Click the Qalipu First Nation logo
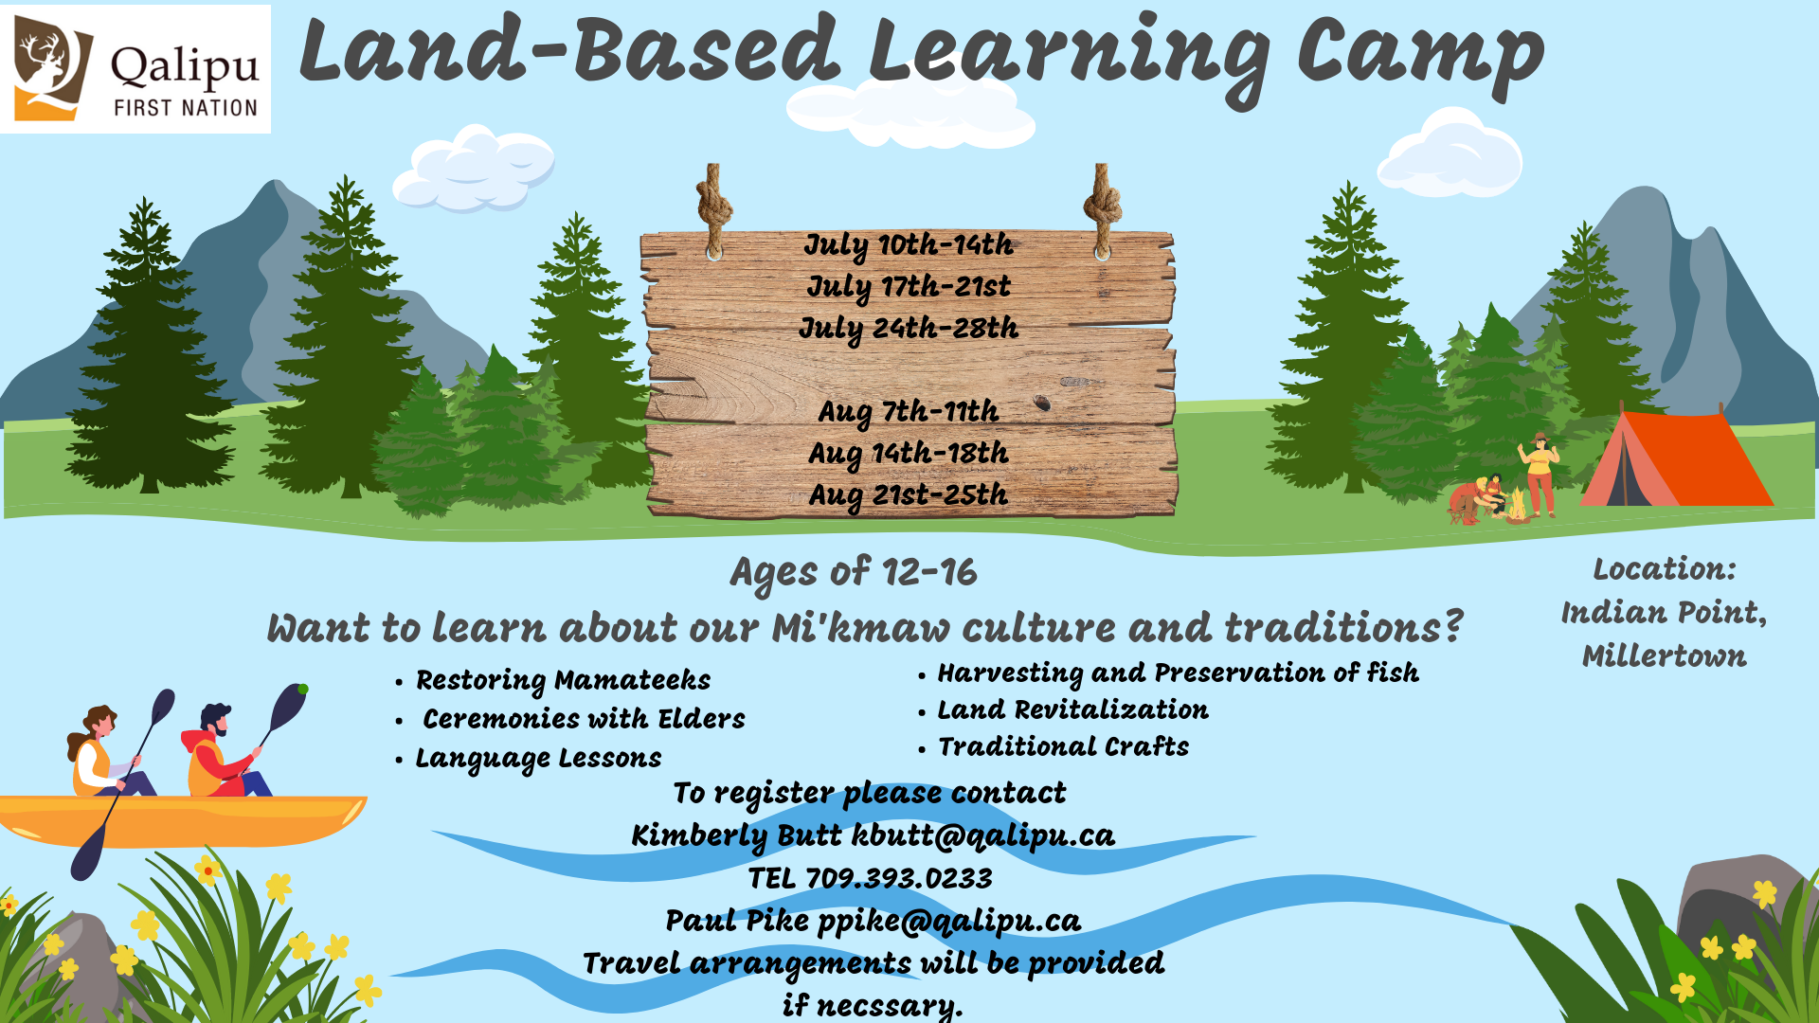tap(135, 69)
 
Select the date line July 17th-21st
tap(909, 287)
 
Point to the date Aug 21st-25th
tap(909, 495)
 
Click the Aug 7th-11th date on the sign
tap(909, 412)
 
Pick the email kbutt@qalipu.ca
tap(983, 835)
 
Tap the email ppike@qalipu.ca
tap(949, 921)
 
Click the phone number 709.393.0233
tap(898, 878)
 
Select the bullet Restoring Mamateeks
tap(563, 680)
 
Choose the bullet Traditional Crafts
tap(1063, 746)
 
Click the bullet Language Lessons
tap(538, 759)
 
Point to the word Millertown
tap(1665, 655)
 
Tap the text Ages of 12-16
tap(854, 572)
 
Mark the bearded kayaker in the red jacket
tap(225, 753)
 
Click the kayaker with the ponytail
tap(106, 753)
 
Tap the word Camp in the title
tap(1421, 54)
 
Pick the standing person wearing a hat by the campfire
tap(1540, 474)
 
